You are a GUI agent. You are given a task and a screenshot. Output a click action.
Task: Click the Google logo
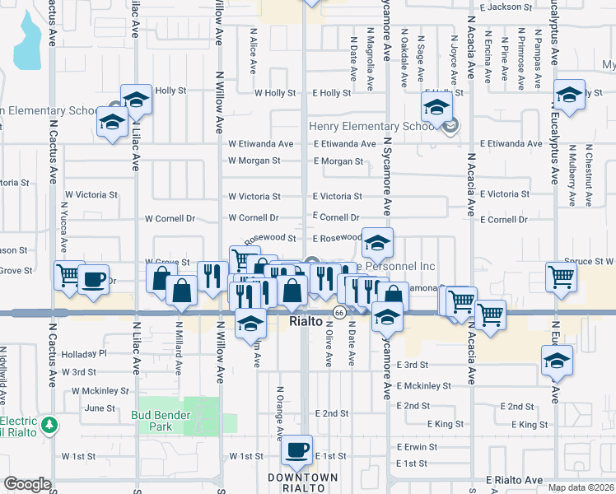pyautogui.click(x=27, y=484)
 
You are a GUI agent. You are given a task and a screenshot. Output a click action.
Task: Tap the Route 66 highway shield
pyautogui.click(x=339, y=312)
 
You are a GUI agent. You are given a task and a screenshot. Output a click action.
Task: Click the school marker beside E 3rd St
pyautogui.click(x=557, y=360)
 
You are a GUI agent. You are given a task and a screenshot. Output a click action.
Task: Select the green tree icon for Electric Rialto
pyautogui.click(x=51, y=425)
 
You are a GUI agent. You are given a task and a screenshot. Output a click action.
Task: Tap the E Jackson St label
pyautogui.click(x=505, y=7)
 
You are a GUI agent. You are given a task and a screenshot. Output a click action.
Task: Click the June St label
pyautogui.click(x=100, y=408)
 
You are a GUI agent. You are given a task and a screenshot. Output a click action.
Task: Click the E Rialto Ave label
pyautogui.click(x=513, y=480)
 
